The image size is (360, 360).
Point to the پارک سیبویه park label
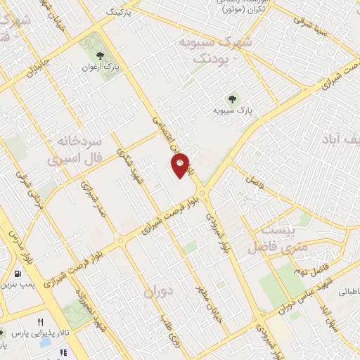(232, 110)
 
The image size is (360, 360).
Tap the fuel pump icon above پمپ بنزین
(17, 274)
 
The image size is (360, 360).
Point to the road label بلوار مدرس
(20, 243)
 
